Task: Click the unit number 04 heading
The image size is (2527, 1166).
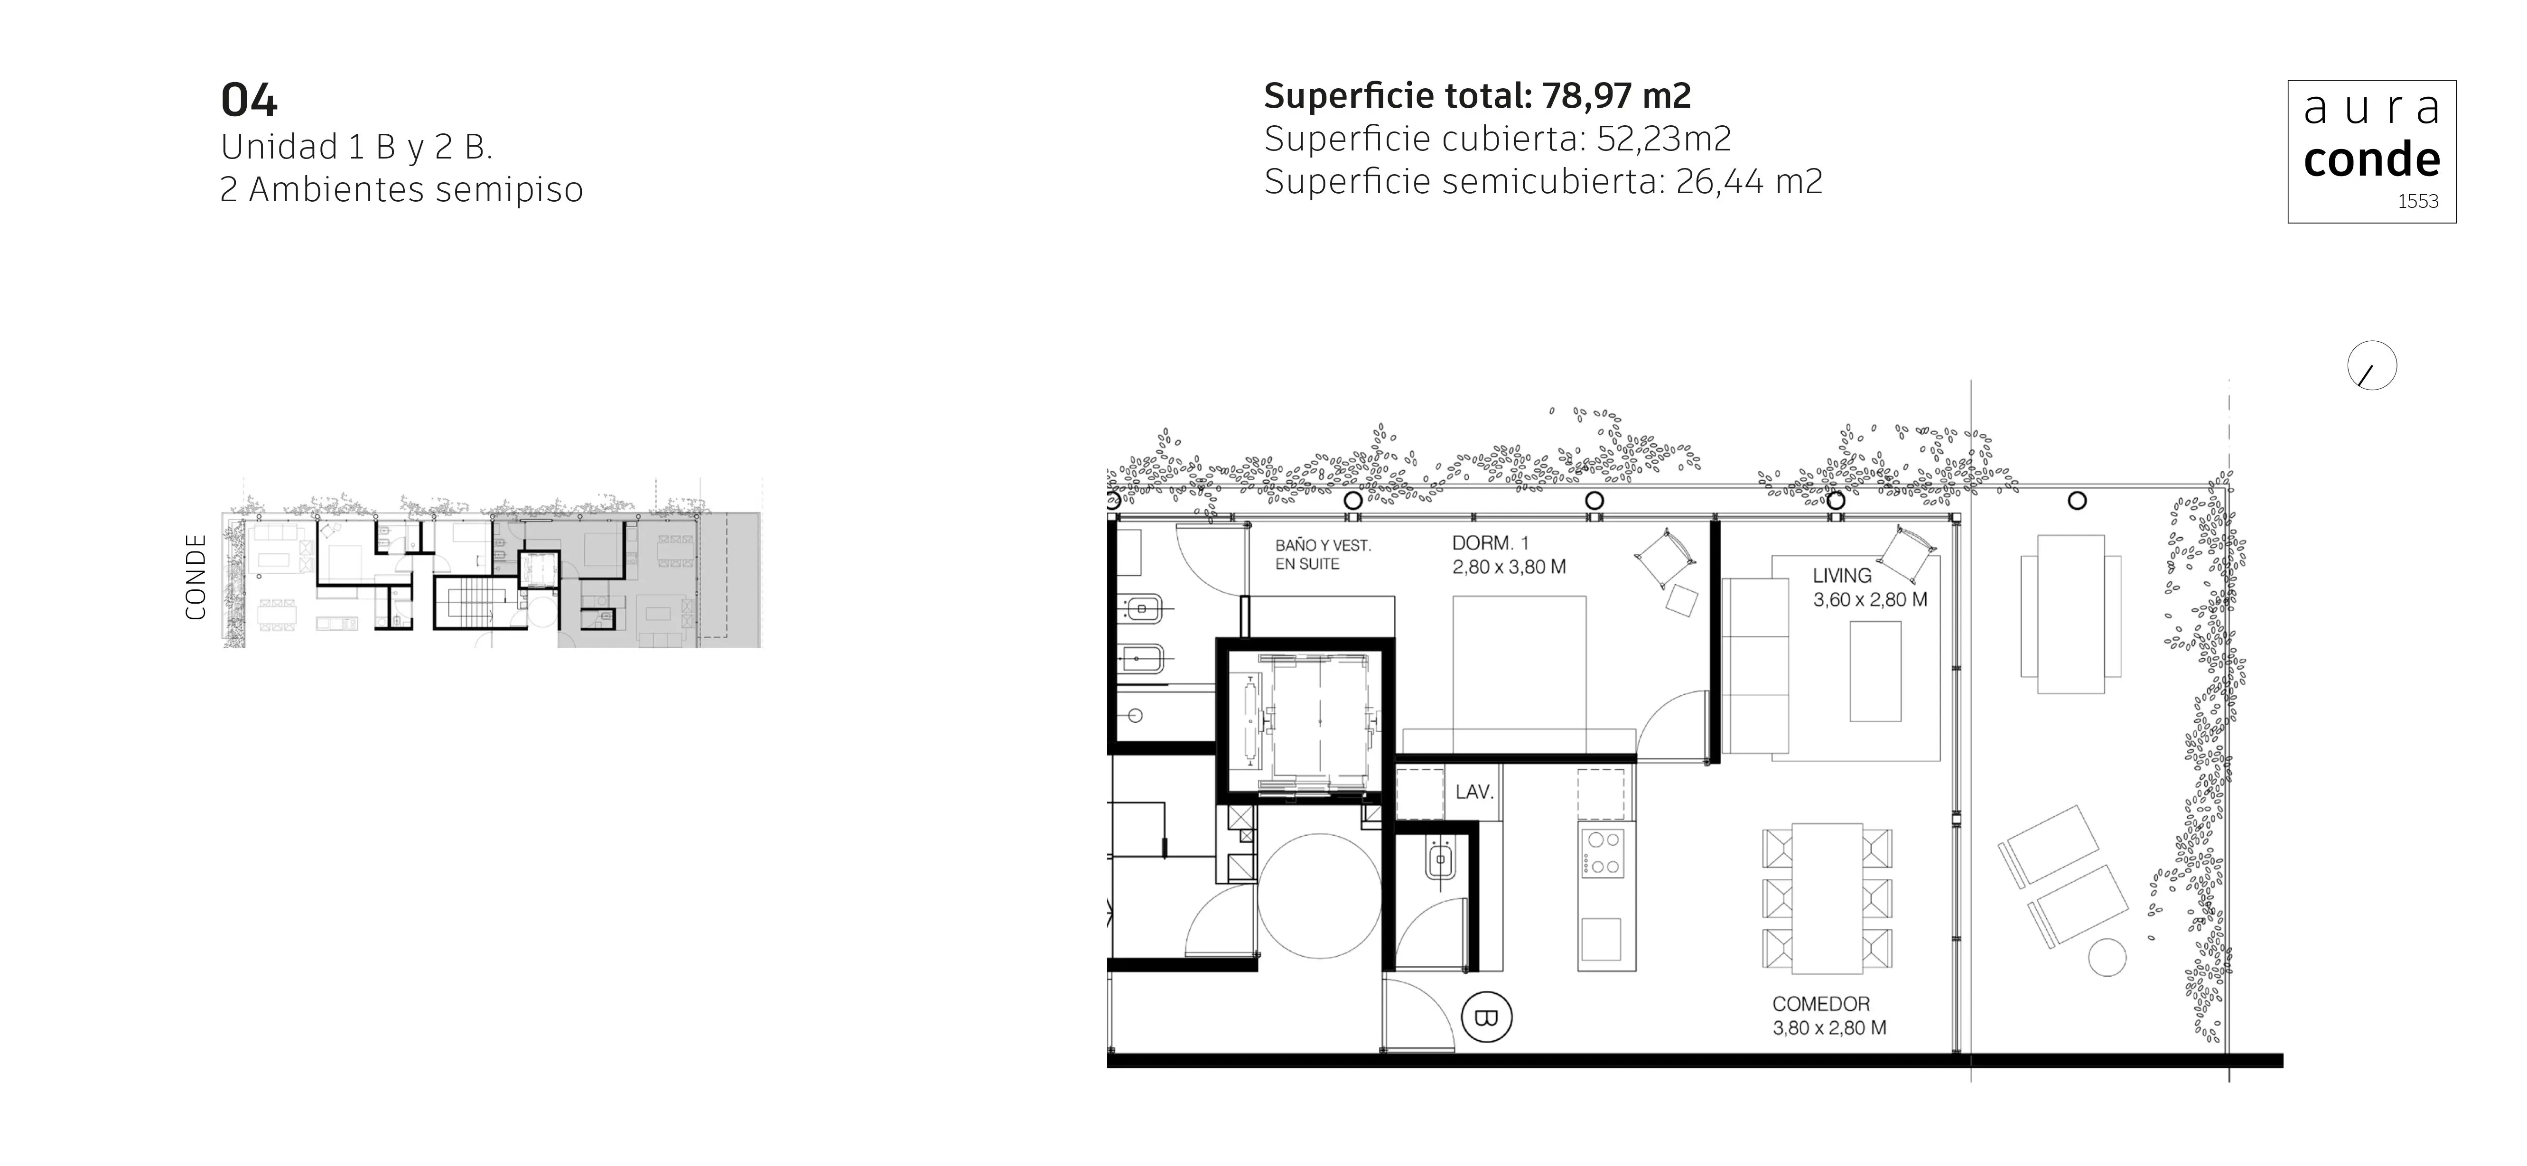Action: pyautogui.click(x=249, y=100)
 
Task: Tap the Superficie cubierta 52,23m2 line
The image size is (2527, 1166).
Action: pyautogui.click(x=1497, y=139)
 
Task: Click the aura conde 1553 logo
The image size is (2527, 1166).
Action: pyautogui.click(x=2372, y=152)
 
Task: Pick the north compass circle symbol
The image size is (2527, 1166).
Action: pyautogui.click(x=2372, y=366)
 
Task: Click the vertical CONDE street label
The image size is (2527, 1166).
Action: pyautogui.click(x=196, y=577)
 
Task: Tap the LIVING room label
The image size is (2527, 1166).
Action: pyautogui.click(x=1841, y=576)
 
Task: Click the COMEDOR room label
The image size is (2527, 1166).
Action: pyautogui.click(x=1821, y=1004)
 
